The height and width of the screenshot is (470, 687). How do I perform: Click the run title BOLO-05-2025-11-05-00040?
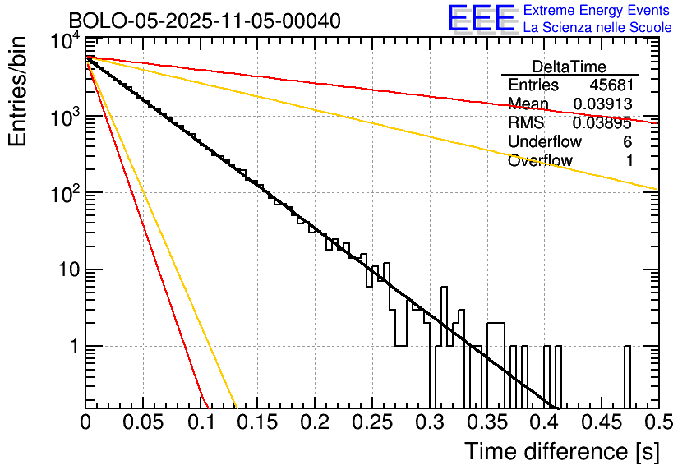[x=205, y=21]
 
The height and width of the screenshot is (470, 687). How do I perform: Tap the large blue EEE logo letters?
[x=481, y=19]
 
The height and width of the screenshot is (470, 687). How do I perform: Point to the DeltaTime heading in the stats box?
[x=569, y=67]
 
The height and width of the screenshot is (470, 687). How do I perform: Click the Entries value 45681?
[x=611, y=85]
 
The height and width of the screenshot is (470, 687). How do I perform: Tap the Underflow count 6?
[x=627, y=142]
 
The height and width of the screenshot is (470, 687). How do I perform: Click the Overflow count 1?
[x=629, y=161]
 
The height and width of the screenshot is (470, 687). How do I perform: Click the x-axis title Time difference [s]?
[x=560, y=451]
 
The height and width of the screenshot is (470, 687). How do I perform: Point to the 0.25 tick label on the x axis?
[x=371, y=423]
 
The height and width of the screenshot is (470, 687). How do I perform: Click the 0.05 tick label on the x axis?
[x=143, y=423]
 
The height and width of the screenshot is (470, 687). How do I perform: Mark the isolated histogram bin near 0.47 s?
[x=627, y=374]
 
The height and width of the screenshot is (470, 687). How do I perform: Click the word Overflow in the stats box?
[x=540, y=161]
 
